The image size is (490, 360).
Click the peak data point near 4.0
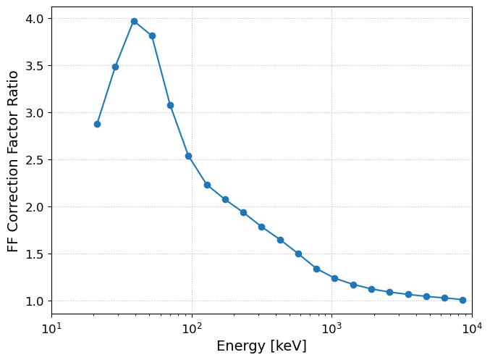[x=135, y=21]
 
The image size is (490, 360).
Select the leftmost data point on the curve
[x=97, y=124]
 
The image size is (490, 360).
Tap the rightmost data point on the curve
[x=462, y=301]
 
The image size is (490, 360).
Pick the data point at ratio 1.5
[x=298, y=254]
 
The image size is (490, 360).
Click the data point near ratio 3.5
[x=115, y=67]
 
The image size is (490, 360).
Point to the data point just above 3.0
[x=170, y=106]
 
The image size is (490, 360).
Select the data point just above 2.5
[x=188, y=156]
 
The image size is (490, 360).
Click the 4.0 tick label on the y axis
[x=34, y=19]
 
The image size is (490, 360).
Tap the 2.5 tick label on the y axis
[x=34, y=160]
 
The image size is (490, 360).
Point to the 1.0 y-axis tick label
[x=34, y=301]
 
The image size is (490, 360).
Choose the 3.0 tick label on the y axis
[x=34, y=113]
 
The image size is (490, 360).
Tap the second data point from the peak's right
[x=170, y=106]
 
